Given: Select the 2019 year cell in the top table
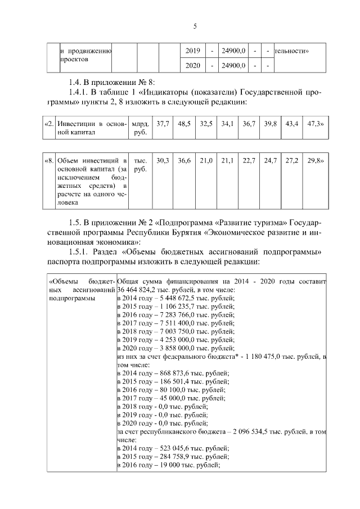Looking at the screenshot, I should click(192, 51).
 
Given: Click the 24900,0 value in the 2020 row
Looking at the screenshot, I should click(233, 66).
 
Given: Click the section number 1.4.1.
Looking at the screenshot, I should click(77, 91).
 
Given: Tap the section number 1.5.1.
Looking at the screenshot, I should click(77, 251).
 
